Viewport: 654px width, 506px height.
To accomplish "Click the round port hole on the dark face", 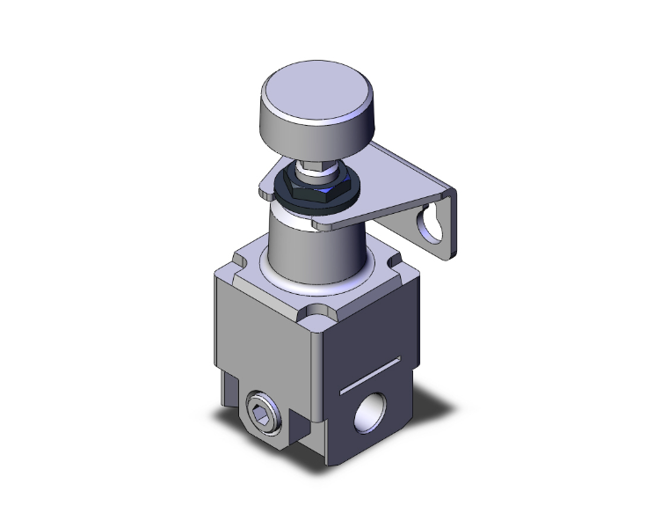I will coord(368,412).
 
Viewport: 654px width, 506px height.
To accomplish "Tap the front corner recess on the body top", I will coord(314,314).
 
